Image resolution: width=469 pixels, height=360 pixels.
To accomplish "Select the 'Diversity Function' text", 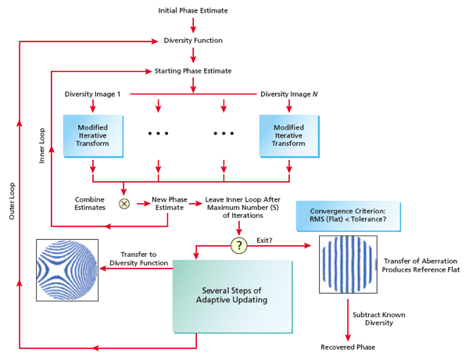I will tap(193, 40).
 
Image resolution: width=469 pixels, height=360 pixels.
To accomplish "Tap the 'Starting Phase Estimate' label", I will tap(193, 71).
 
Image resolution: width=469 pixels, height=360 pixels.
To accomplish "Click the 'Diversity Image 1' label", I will tap(93, 94).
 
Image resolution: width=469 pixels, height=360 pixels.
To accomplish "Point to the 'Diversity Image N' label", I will tap(289, 94).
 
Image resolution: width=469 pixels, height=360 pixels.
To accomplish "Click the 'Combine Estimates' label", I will tap(90, 204).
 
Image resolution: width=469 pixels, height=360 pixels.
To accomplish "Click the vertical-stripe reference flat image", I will tap(345, 266).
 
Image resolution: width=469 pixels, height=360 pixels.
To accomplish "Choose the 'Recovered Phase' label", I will tap(349, 347).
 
